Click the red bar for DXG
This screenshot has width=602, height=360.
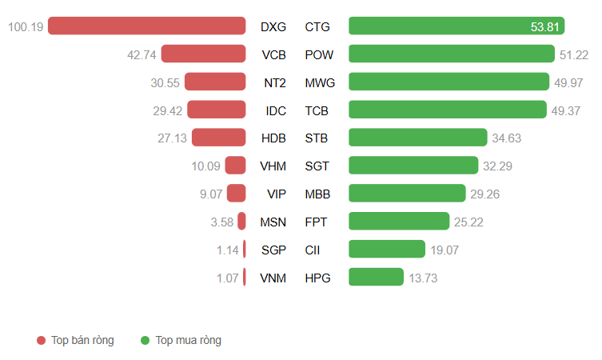[x=146, y=26]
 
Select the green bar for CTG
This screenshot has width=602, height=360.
[x=456, y=26]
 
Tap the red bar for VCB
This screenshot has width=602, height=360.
[x=203, y=54]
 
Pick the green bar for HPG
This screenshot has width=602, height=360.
[x=376, y=277]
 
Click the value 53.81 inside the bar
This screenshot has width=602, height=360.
[x=545, y=26]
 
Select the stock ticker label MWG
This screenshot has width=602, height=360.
[x=320, y=82]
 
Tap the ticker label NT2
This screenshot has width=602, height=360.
[x=274, y=82]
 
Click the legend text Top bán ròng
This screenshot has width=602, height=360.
[x=82, y=340]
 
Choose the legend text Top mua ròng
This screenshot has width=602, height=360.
[x=189, y=340]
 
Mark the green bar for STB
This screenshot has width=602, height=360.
[x=417, y=138]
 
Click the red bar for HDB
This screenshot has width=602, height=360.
[x=218, y=138]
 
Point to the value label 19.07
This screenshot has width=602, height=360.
[x=445, y=250]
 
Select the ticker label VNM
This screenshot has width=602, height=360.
[x=273, y=278]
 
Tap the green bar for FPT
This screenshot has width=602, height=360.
[x=399, y=222]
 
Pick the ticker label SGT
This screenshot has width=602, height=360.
[x=317, y=166]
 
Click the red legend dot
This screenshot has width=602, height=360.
[x=42, y=341]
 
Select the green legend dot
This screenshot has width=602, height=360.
[x=146, y=341]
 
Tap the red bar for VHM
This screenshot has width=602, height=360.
[x=235, y=166]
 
